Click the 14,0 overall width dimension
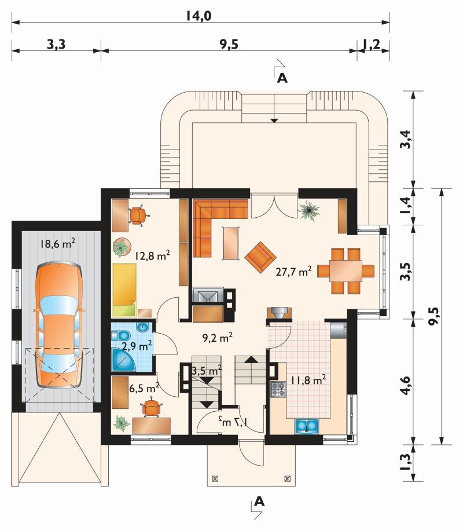click(x=199, y=16)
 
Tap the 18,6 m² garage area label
click(x=57, y=243)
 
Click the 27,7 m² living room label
click(x=293, y=271)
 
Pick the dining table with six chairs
click(x=346, y=271)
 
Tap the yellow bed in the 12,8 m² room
click(x=124, y=290)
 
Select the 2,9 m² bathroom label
click(x=137, y=346)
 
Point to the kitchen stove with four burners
click(x=278, y=389)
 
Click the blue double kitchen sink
click(x=307, y=426)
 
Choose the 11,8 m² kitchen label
click(x=308, y=380)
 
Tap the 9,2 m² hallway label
click(x=217, y=337)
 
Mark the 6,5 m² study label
click(x=144, y=388)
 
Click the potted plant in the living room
click(x=308, y=211)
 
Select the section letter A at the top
click(x=282, y=78)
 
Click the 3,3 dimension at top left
click(x=56, y=44)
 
